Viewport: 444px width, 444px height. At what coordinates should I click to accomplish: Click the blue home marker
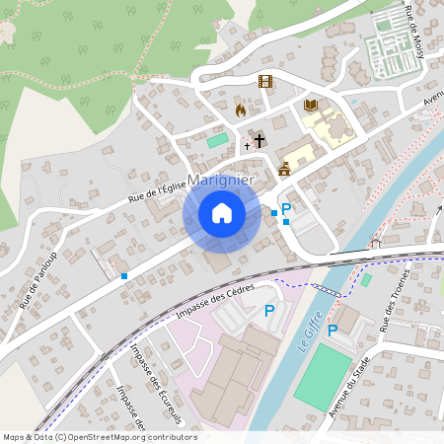[x=222, y=213]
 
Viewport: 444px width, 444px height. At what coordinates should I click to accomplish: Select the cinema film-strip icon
[x=264, y=81]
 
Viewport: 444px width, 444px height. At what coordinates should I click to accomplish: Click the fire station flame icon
[x=240, y=111]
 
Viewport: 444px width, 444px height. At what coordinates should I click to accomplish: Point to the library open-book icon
[x=310, y=106]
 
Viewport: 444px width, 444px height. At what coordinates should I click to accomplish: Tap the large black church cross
[x=259, y=140]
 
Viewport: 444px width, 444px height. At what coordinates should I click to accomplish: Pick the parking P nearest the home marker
[x=286, y=208]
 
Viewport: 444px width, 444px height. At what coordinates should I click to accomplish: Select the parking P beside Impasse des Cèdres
[x=269, y=311]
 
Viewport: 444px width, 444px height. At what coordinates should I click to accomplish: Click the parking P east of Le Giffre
[x=333, y=330]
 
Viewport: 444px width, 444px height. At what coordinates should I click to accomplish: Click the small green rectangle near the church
[x=216, y=140]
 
